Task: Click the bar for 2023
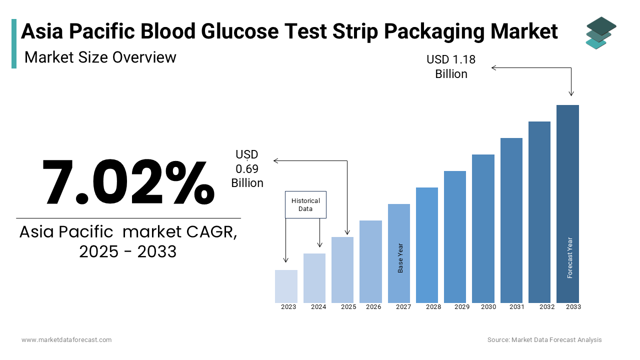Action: tap(286, 286)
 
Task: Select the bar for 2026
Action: tap(370, 261)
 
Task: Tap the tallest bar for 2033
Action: tap(567, 203)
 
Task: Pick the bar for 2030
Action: tap(483, 228)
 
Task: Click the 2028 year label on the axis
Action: tap(433, 307)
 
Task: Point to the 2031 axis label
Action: tap(516, 307)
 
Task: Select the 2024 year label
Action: tap(318, 307)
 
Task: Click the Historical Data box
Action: tap(305, 204)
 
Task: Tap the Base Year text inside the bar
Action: tap(400, 258)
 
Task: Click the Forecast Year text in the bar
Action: tap(570, 257)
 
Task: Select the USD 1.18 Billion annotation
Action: tap(451, 66)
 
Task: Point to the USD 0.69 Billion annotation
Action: tap(247, 169)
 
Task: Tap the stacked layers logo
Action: tap(601, 33)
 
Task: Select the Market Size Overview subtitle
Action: tap(100, 57)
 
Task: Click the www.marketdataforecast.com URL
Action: tap(66, 340)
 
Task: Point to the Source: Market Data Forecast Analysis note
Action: tap(544, 340)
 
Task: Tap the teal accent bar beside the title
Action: tap(14, 43)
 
